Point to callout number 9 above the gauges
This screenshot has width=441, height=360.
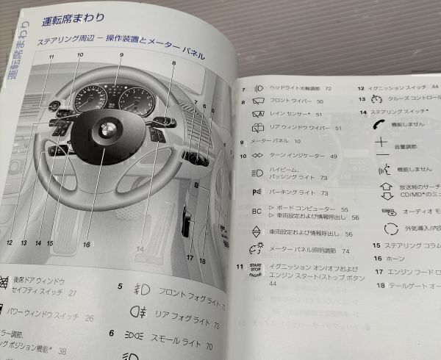pyautogui.click(x=121, y=56)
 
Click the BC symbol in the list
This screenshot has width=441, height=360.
pyautogui.click(x=257, y=212)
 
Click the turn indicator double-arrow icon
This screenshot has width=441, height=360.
pyautogui.click(x=257, y=156)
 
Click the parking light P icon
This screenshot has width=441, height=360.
pyautogui.click(x=257, y=192)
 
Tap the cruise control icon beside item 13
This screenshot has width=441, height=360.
pyautogui.click(x=378, y=98)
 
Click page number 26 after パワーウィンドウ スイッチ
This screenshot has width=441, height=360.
pyautogui.click(x=89, y=318)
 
